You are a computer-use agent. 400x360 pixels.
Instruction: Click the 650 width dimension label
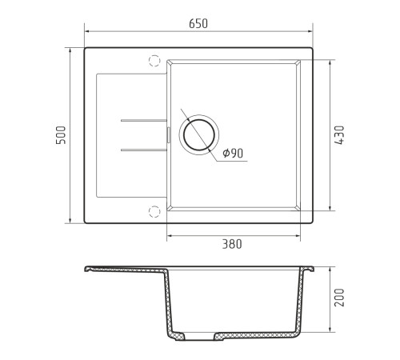point(198,23)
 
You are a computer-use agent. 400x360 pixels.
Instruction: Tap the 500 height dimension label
point(61,135)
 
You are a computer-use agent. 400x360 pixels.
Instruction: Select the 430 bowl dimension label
point(339,135)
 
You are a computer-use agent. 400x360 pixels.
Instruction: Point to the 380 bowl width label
point(232,244)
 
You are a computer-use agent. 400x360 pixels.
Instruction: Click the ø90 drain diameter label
point(233,153)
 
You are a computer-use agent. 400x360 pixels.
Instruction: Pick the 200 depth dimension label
point(339,298)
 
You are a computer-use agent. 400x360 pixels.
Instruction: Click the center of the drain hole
point(199,135)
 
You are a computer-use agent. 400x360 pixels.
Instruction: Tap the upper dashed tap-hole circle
point(154,61)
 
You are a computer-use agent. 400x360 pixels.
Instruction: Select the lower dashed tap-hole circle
point(154,211)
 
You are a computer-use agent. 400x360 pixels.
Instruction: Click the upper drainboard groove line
point(144,121)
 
